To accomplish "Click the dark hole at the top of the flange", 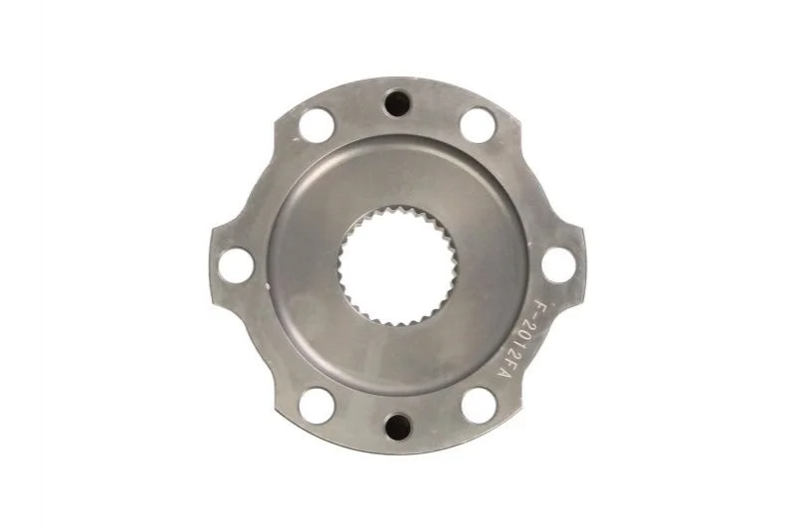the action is click(x=397, y=103).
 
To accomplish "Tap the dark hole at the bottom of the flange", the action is click(x=397, y=428).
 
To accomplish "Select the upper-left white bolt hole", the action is click(x=315, y=124).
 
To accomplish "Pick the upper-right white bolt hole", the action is click(x=478, y=124).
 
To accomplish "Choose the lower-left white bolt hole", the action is click(x=316, y=406).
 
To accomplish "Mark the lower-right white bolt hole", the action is click(x=479, y=406).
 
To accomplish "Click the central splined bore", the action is click(x=398, y=265).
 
